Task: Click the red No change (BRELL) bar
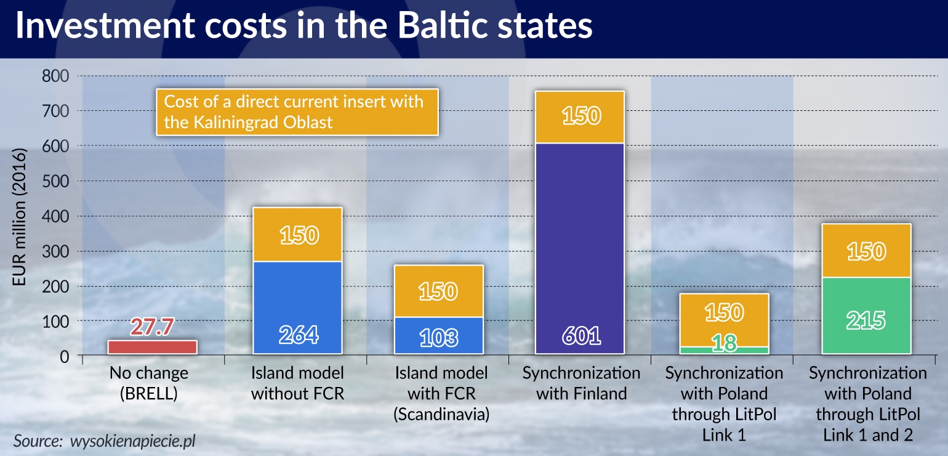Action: click(153, 347)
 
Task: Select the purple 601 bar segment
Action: click(580, 248)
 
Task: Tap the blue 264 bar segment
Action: click(297, 307)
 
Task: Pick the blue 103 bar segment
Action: click(439, 336)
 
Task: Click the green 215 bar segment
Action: click(866, 316)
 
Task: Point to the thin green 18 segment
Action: click(724, 350)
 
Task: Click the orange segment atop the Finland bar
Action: click(580, 117)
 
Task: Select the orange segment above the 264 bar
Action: click(297, 234)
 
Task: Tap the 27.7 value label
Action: click(152, 327)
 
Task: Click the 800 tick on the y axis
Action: click(55, 76)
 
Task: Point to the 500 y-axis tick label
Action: click(55, 181)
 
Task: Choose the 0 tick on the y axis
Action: click(64, 357)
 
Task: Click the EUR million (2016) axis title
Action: click(19, 216)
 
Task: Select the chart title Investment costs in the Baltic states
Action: click(304, 25)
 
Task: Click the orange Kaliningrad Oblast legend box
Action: click(297, 112)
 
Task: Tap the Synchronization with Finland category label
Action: click(582, 383)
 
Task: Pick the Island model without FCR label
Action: click(297, 383)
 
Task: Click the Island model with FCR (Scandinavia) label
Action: click(441, 394)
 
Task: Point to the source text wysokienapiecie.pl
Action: click(132, 441)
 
